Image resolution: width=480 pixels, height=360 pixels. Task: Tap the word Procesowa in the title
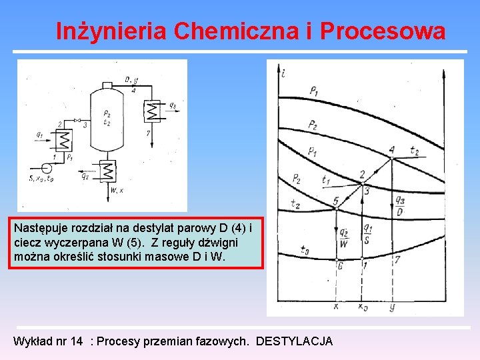[383, 31]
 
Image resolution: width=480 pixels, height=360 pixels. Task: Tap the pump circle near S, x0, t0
[45, 167]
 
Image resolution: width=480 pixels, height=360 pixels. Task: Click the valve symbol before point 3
[77, 124]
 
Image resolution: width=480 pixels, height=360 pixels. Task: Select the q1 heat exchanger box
[64, 141]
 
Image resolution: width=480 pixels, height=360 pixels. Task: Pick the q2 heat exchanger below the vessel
[107, 171]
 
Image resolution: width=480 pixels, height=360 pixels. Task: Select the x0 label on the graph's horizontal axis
[363, 307]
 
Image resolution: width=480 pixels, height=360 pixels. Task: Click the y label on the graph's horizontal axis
[392, 307]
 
